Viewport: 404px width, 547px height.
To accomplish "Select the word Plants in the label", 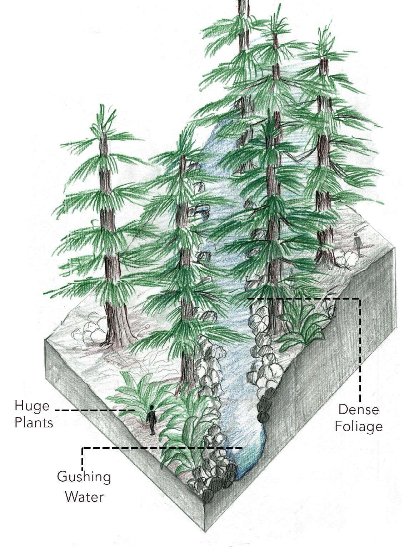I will pos(34,423).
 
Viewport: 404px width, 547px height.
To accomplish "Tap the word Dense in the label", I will pos(358,409).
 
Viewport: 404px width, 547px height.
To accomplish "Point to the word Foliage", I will pos(358,426).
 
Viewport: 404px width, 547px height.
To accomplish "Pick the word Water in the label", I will pos(85,496).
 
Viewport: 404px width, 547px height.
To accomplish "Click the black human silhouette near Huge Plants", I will pos(152,420).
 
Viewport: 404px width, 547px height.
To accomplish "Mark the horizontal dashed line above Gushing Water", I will pos(161,447).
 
